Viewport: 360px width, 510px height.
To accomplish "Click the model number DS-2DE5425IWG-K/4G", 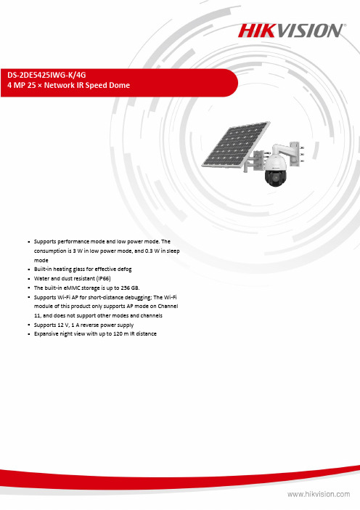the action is point(46,75).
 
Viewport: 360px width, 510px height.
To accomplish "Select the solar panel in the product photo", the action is point(236,144).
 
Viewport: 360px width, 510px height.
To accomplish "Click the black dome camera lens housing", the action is point(276,177).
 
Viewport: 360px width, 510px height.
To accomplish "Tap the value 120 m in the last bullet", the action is point(121,333).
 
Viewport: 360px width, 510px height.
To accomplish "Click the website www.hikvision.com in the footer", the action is point(319,495).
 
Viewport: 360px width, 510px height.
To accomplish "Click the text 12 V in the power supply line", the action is point(63,325).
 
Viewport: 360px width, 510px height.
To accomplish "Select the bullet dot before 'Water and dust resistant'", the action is point(29,279).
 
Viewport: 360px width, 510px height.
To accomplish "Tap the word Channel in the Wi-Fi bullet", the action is point(168,306).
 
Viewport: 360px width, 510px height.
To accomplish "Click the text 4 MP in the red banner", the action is point(17,85).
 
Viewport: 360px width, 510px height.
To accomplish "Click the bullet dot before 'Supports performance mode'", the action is point(29,242).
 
